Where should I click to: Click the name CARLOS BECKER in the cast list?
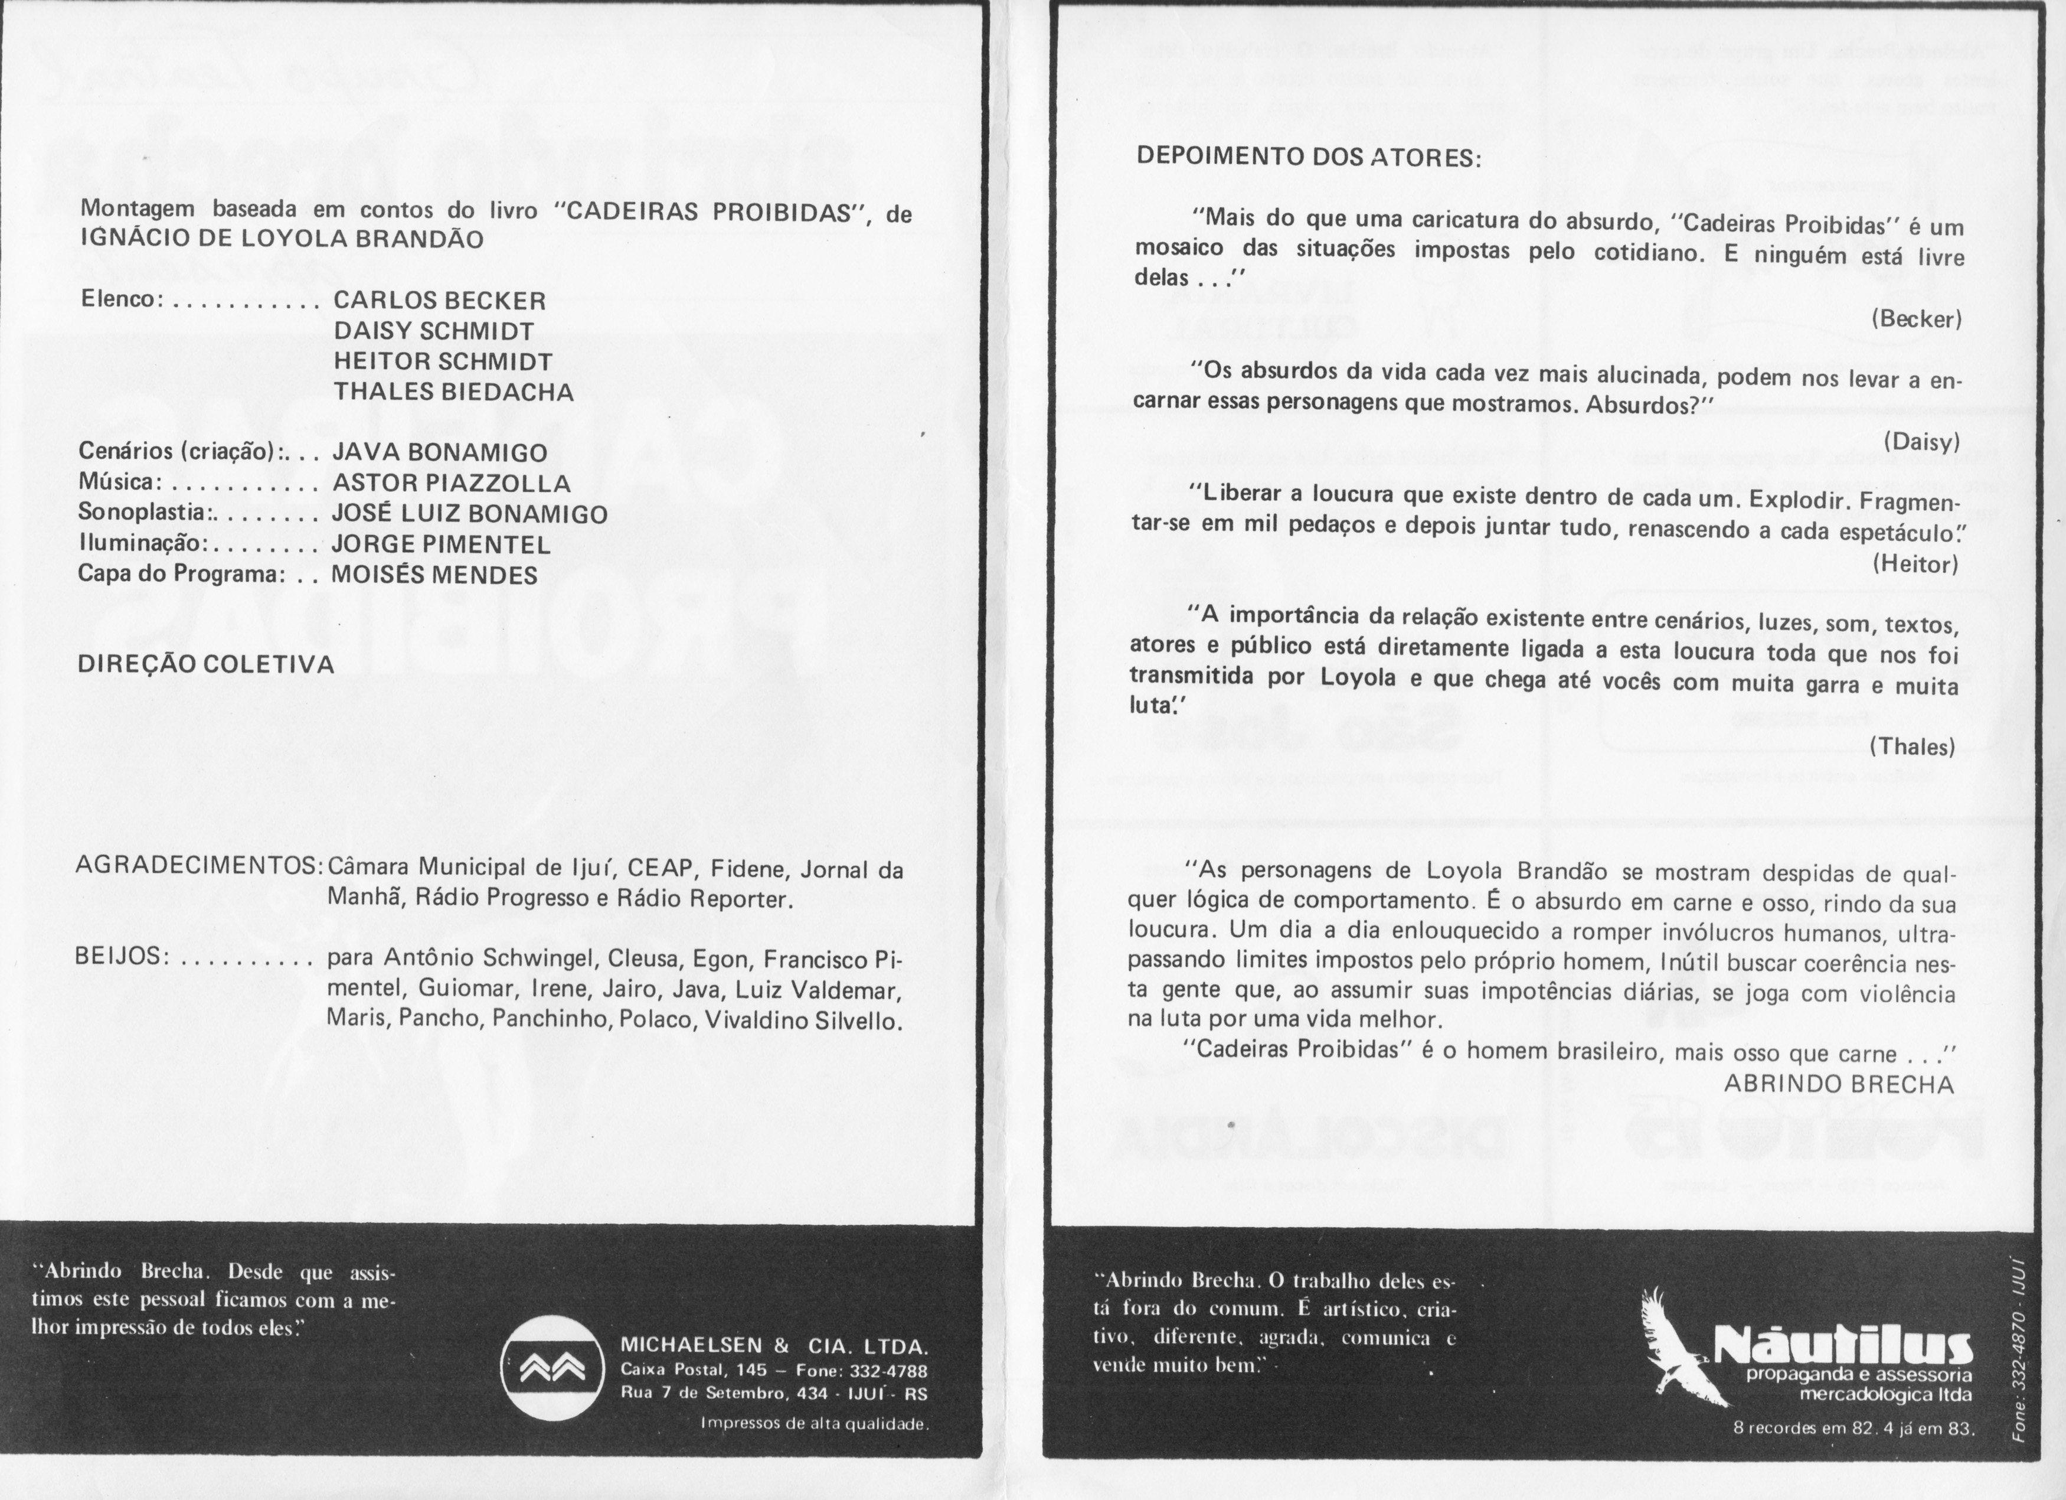click(x=439, y=301)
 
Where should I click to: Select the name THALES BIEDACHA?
click(x=453, y=392)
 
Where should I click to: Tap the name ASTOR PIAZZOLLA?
click(x=451, y=483)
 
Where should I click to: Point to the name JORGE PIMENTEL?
click(x=441, y=545)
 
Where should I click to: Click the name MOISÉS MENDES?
click(x=434, y=575)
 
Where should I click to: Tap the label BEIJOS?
click(x=121, y=956)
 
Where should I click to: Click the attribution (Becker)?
click(x=1917, y=319)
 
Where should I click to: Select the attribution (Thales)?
click(x=1912, y=747)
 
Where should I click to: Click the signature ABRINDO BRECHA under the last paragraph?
click(x=1839, y=1084)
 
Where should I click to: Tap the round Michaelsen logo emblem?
click(x=551, y=1369)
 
